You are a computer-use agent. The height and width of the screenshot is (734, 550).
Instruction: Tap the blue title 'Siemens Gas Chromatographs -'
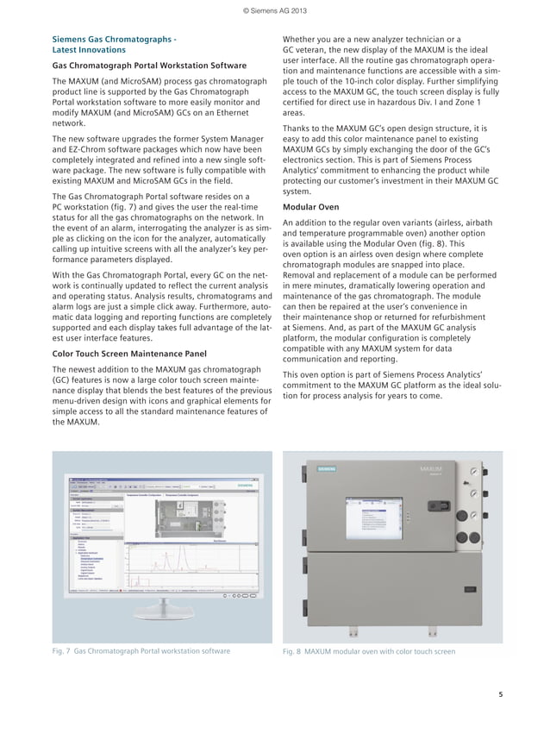[115, 40]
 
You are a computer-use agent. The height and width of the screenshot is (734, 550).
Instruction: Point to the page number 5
[501, 694]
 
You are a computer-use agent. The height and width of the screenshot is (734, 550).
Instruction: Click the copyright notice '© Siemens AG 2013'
[275, 9]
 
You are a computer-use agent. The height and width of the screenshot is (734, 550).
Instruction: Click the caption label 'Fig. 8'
[294, 651]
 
